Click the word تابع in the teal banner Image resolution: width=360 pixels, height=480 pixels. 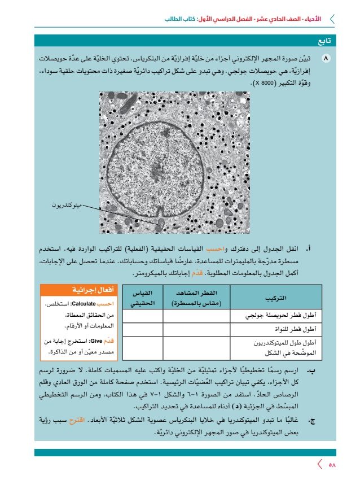[324, 41]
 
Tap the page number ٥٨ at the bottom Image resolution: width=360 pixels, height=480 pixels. [332, 465]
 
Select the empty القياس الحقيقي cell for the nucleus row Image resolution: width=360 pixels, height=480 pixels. [141, 328]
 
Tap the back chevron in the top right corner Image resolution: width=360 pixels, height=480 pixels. [332, 19]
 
